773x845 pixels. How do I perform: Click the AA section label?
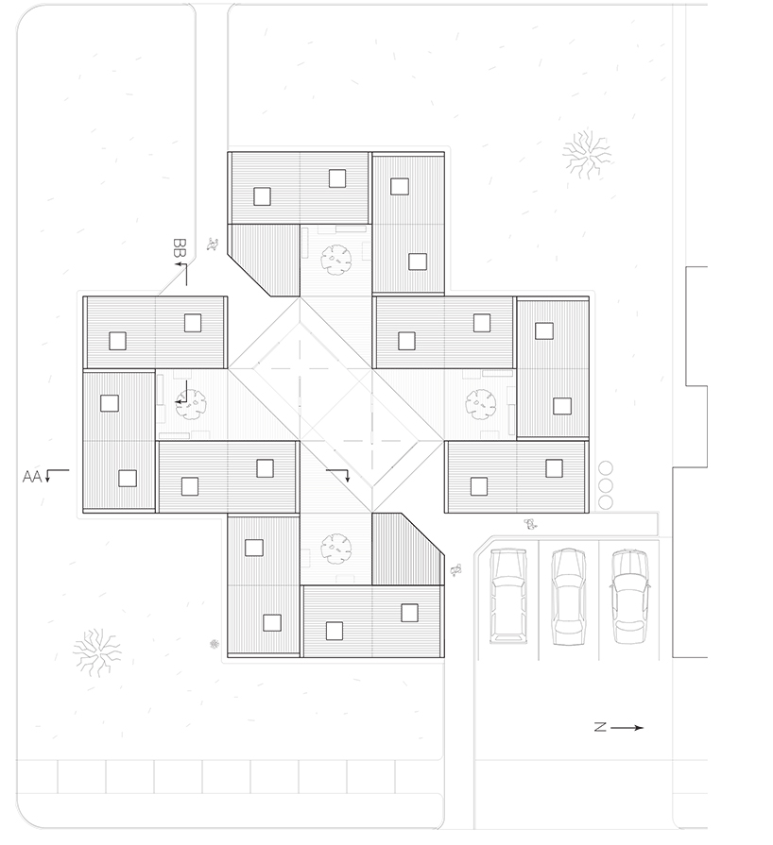coord(32,477)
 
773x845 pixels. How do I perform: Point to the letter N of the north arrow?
coord(600,728)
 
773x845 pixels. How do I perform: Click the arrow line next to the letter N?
coord(627,728)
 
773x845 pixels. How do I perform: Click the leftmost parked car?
coord(508,596)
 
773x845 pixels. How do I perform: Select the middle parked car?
coord(569,597)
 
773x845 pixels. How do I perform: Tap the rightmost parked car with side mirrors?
coord(629,596)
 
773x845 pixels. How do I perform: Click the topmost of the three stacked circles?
coord(606,468)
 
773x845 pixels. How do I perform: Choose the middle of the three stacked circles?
coord(606,485)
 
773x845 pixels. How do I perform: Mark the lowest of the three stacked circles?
coord(606,502)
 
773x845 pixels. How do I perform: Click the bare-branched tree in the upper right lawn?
coord(586,154)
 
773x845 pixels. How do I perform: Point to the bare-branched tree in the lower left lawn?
coord(97,652)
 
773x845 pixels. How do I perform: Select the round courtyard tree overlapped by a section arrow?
coord(192,405)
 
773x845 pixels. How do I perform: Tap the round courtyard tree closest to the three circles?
coord(481,405)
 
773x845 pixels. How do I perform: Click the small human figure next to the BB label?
coord(213,245)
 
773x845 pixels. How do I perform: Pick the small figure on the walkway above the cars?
coord(532,524)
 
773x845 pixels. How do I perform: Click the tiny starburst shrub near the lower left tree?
coord(215,644)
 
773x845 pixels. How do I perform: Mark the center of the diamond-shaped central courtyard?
coord(335,405)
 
